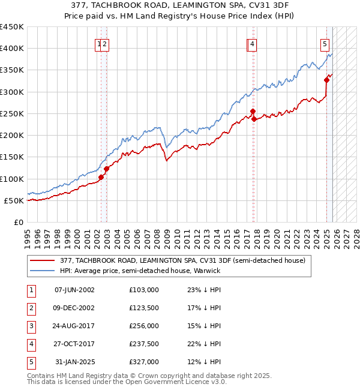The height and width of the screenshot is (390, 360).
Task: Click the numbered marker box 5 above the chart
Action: (325, 43)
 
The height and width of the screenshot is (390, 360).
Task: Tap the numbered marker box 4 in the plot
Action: (253, 43)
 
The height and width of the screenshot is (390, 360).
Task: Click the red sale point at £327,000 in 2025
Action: (327, 80)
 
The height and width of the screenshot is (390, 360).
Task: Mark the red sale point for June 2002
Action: (101, 177)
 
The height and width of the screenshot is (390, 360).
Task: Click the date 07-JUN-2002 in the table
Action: (74, 290)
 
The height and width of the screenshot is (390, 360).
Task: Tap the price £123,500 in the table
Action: (143, 308)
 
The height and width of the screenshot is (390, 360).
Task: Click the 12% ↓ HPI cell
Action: (203, 362)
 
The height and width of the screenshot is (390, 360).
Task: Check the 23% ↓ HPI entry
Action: (203, 290)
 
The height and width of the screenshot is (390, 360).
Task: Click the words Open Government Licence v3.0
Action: (176, 382)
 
